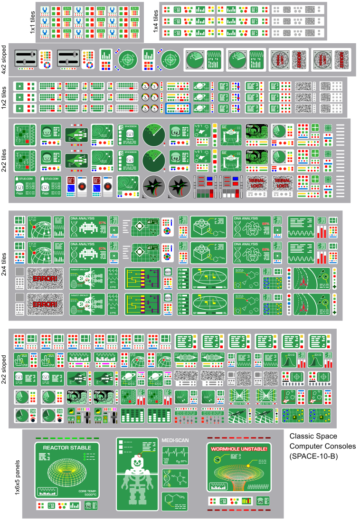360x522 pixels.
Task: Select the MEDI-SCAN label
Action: click(x=175, y=440)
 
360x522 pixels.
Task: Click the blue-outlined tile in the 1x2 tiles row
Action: click(x=178, y=109)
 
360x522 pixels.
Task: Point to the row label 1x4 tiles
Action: click(x=155, y=21)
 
